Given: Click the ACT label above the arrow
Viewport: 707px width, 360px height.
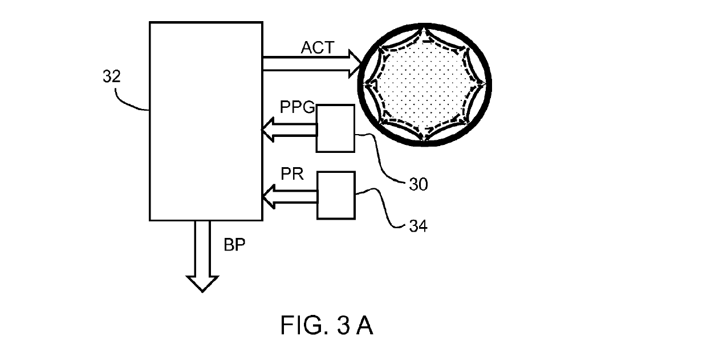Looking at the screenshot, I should pyautogui.click(x=318, y=48).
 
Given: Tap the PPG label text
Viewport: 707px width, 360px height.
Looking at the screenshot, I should pyautogui.click(x=297, y=108).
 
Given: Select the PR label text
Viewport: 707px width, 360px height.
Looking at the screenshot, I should pyautogui.click(x=291, y=173).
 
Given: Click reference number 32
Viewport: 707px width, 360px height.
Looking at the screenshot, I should pyautogui.click(x=112, y=77).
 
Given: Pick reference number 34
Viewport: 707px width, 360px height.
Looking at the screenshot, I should pyautogui.click(x=418, y=226).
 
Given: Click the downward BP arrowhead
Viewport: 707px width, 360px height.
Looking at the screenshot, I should pyautogui.click(x=202, y=284).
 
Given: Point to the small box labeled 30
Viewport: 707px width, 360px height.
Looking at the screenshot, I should pyautogui.click(x=335, y=128).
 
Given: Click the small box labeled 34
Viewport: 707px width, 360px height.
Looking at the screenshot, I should pyautogui.click(x=335, y=195).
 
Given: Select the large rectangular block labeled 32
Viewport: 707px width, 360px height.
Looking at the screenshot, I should pyautogui.click(x=205, y=121).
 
